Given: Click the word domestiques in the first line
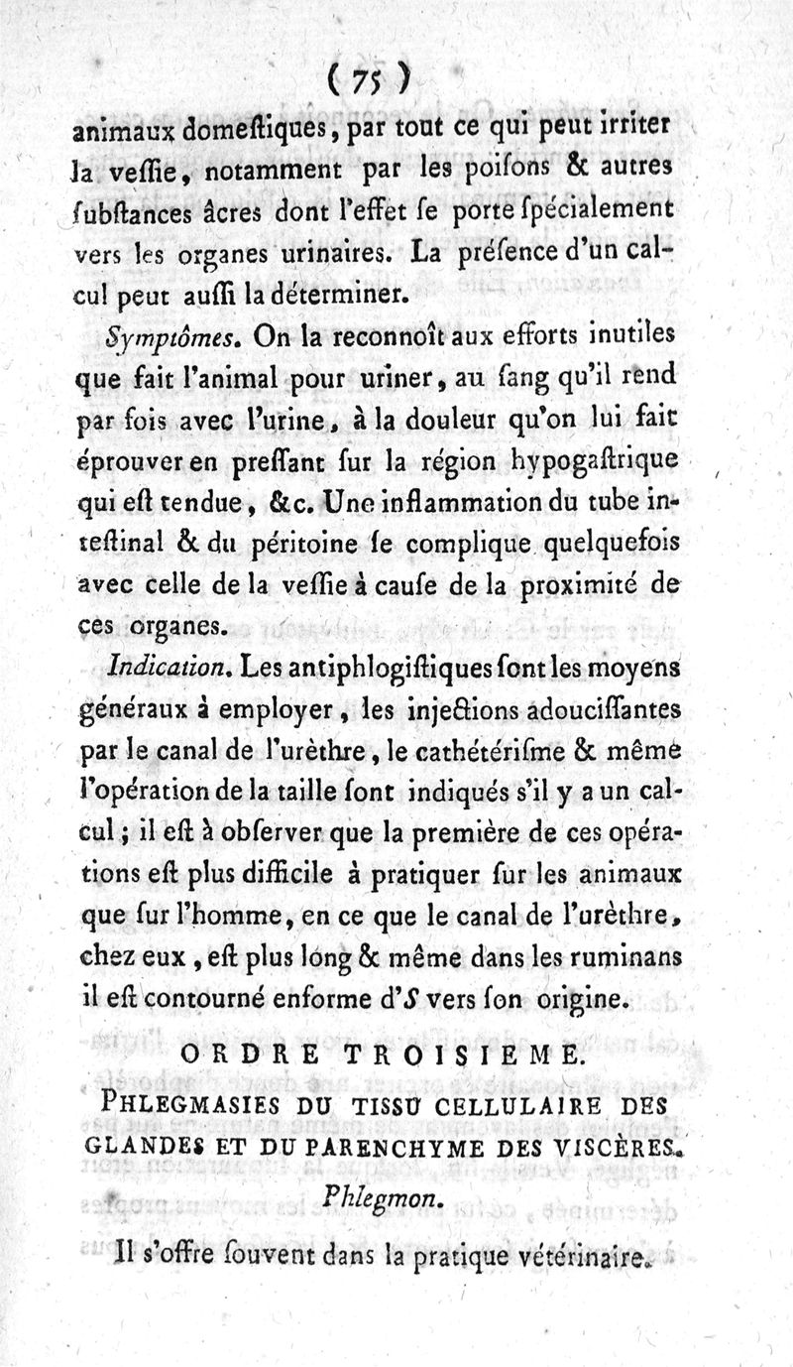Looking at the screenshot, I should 261,126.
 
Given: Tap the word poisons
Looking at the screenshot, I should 474,170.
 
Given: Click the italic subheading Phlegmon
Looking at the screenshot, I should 382,1197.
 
